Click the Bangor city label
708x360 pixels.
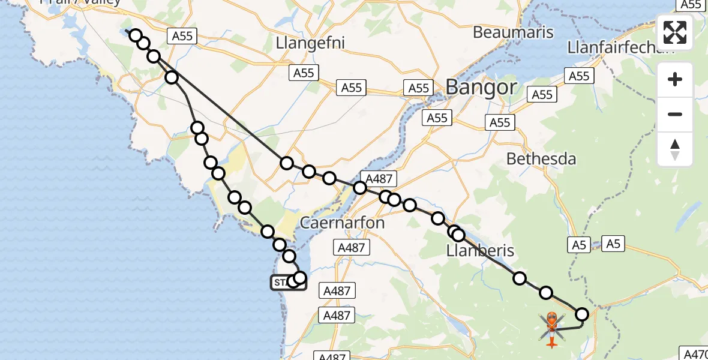click(x=481, y=88)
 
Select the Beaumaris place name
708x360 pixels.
click(x=513, y=32)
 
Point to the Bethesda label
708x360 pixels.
click(x=541, y=159)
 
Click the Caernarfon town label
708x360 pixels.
click(x=341, y=223)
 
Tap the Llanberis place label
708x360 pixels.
click(x=480, y=250)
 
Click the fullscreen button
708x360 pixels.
click(x=675, y=32)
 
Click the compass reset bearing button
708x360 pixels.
click(x=675, y=149)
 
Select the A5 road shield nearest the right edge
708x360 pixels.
click(x=613, y=244)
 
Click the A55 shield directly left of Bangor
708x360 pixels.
click(x=418, y=88)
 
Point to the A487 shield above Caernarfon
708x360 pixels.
click(x=379, y=178)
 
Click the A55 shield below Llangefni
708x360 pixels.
click(x=304, y=73)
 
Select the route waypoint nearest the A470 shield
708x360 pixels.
click(x=582, y=314)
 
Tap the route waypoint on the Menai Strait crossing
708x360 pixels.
click(x=360, y=188)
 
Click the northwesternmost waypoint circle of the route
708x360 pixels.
click(x=136, y=35)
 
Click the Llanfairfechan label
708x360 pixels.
click(x=620, y=47)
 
